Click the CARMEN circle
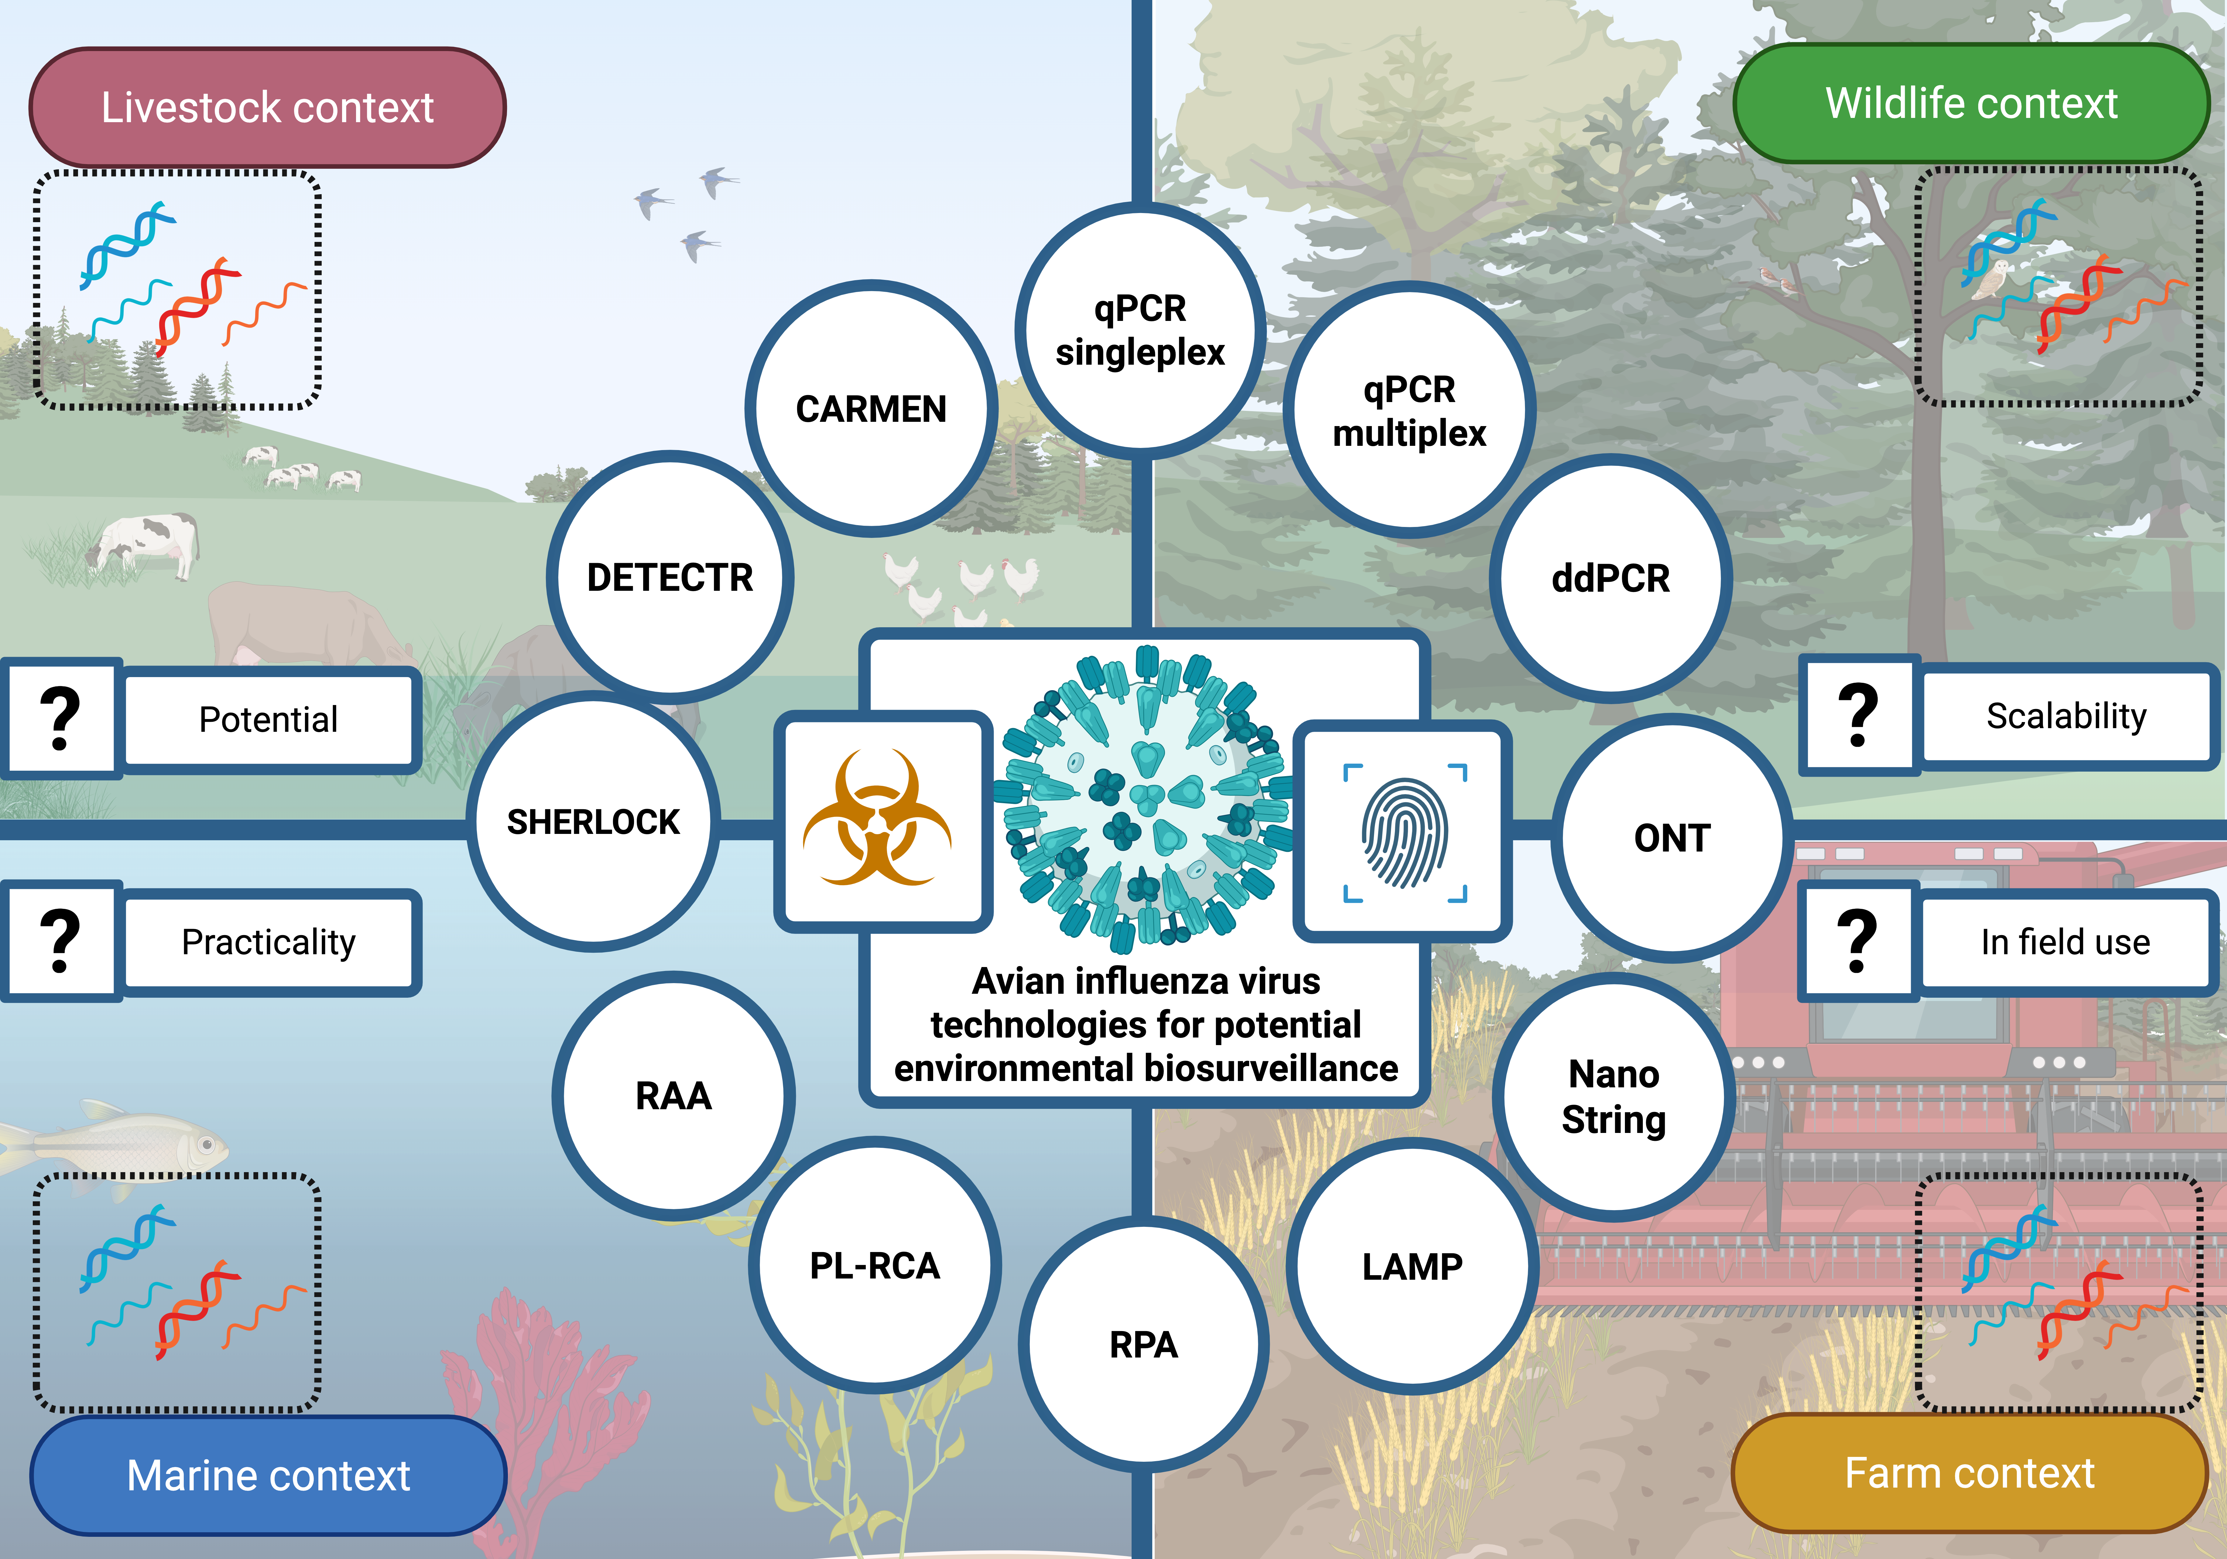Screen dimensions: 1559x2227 [x=871, y=408]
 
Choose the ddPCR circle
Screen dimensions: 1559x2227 [x=1610, y=578]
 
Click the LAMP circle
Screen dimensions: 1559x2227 [x=1412, y=1266]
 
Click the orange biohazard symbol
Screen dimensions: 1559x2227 [x=878, y=818]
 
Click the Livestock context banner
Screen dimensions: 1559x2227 [x=268, y=107]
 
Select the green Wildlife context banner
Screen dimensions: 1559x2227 [x=1971, y=103]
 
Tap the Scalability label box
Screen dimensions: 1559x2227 [x=2066, y=716]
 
